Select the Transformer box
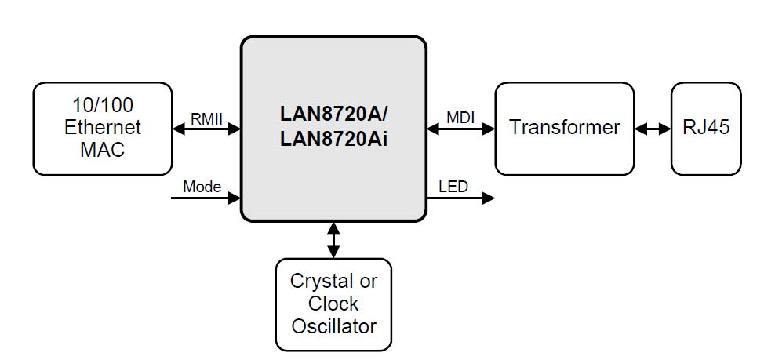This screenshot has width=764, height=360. (564, 128)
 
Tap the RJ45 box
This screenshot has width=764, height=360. (706, 128)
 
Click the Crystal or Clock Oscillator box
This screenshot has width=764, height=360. (333, 304)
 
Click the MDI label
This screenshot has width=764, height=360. (460, 118)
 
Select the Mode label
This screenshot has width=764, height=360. (202, 187)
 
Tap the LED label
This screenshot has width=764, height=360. (453, 187)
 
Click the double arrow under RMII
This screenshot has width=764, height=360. (206, 129)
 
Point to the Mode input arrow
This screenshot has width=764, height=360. (206, 198)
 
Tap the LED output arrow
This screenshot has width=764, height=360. (460, 198)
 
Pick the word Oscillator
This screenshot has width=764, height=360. (333, 325)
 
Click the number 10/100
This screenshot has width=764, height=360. (102, 105)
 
